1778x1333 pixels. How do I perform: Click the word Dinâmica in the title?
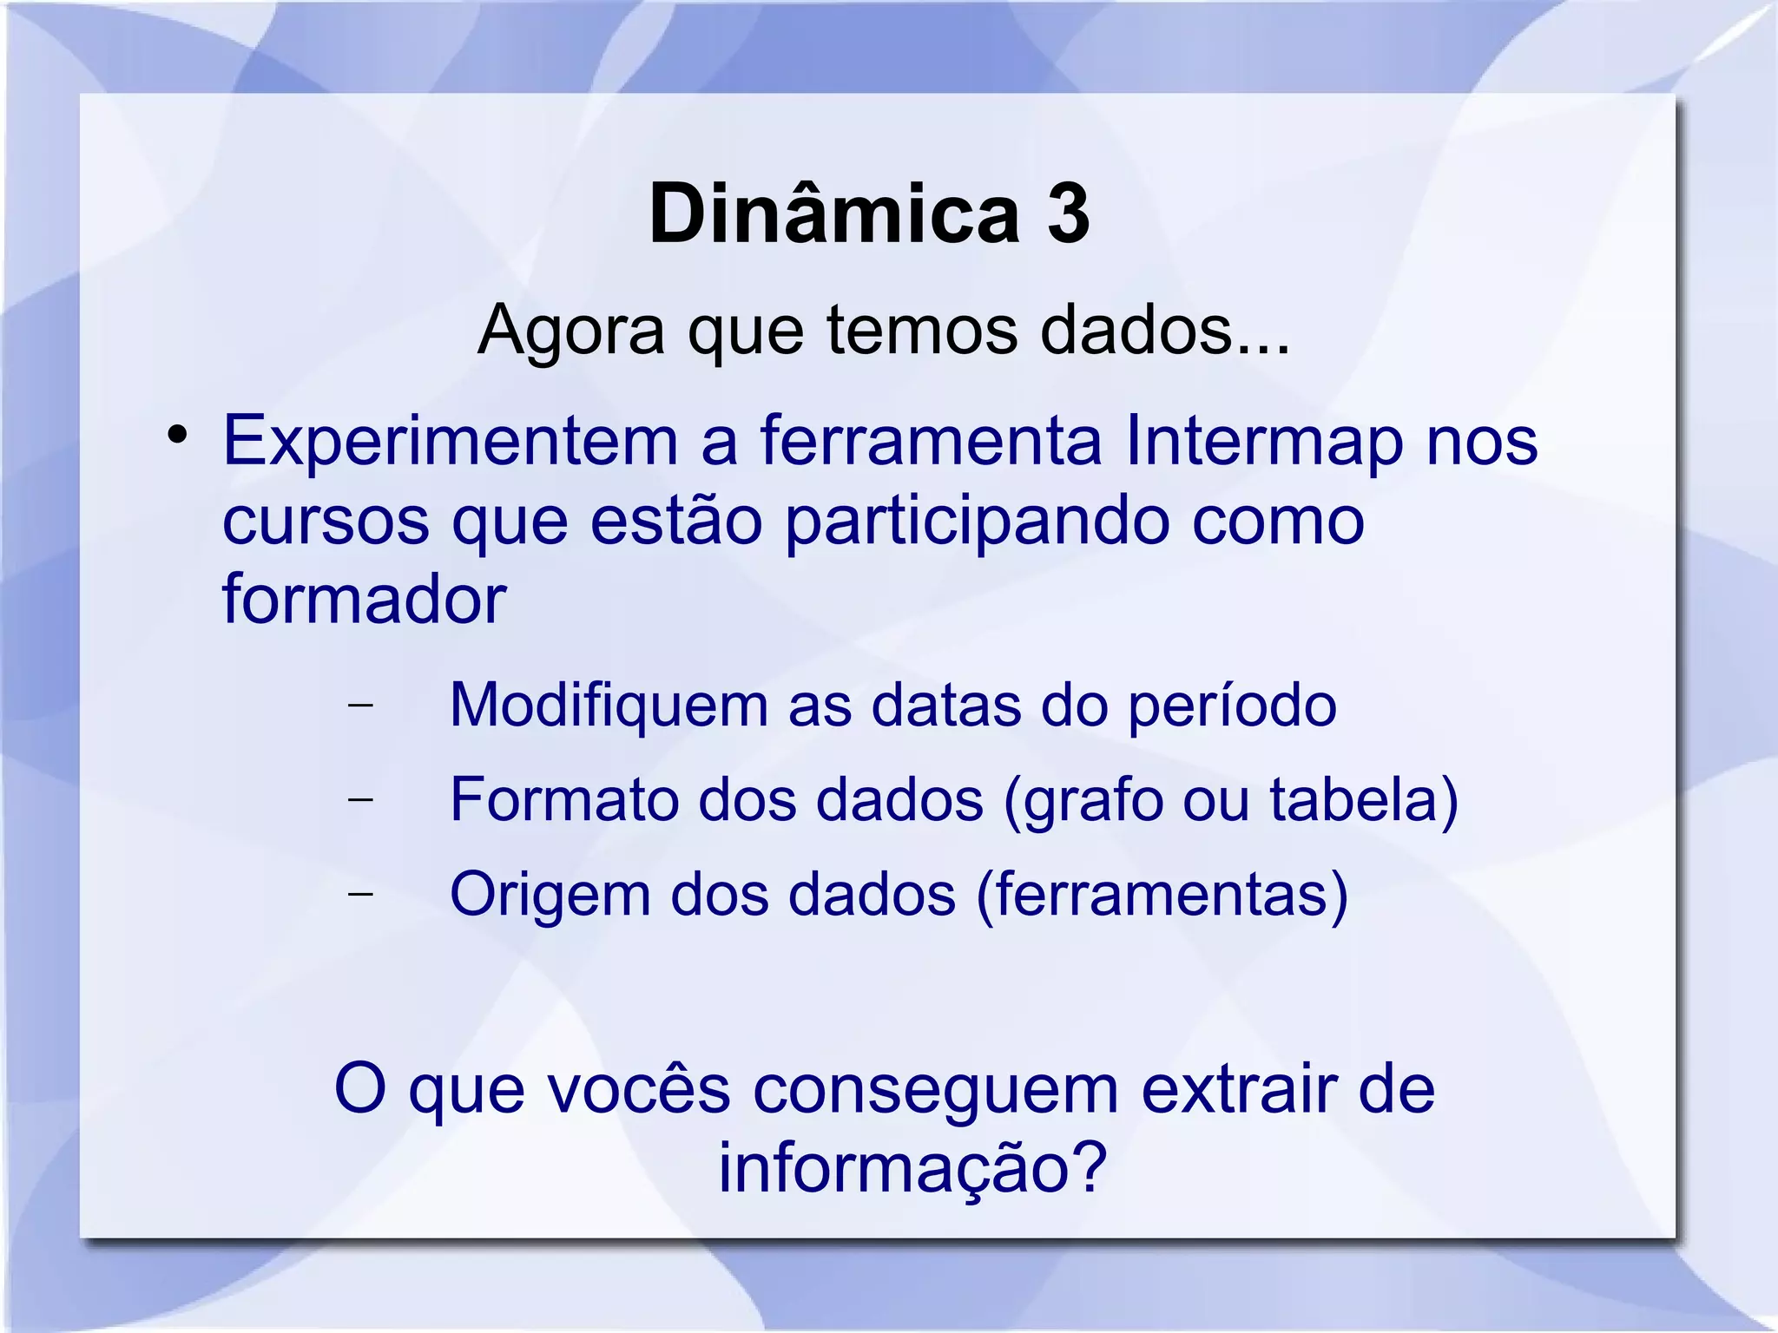833,214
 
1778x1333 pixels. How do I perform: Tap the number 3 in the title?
1068,214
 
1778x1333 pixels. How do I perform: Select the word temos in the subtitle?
920,331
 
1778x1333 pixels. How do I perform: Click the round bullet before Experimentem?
178,434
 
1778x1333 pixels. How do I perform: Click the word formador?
364,600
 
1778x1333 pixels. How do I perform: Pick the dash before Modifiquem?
359,705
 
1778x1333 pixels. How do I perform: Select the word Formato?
563,799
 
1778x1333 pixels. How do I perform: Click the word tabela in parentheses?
1354,799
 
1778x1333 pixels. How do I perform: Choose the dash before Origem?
359,893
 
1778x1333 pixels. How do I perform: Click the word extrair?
1238,1089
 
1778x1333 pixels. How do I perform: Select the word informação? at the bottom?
912,1168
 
